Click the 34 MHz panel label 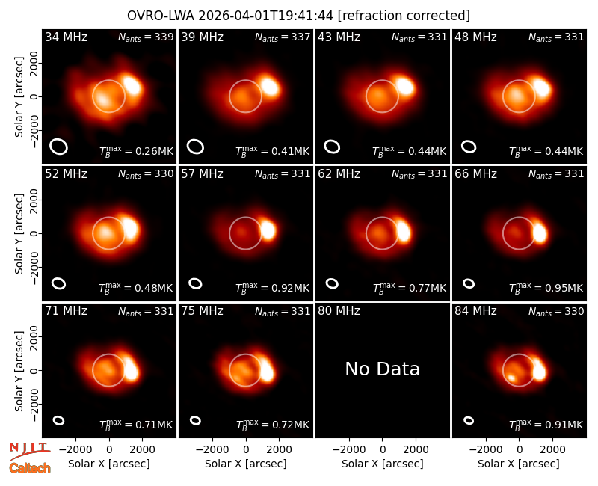66,37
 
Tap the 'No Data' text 383,369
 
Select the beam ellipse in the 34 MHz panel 59,147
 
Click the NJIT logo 29,450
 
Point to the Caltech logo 30,468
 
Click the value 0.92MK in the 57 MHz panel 290,288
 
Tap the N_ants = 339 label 146,37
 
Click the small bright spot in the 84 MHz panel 511,378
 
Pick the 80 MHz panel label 339,310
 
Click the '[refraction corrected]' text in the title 404,16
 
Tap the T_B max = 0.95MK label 546,288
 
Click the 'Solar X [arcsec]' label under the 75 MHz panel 246,464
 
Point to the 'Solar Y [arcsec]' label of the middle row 19,233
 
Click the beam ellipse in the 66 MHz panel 469,283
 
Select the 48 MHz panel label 475,37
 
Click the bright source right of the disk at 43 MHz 404,86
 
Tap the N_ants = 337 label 283,37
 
